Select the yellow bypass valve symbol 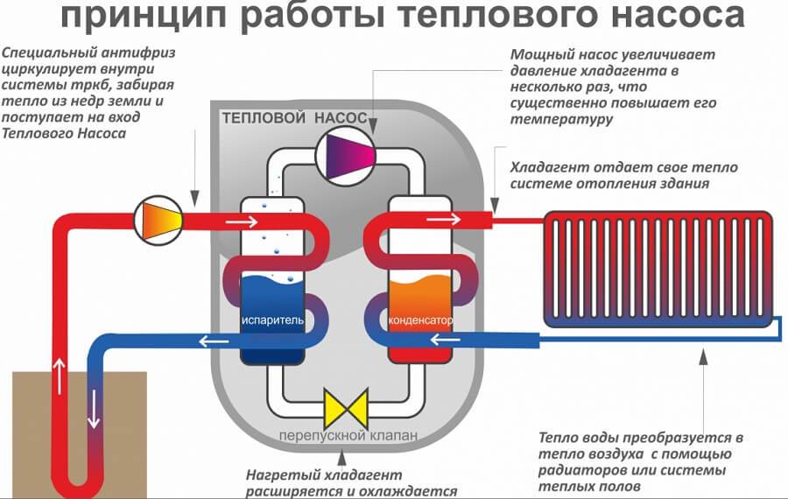343,408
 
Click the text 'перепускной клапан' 342,435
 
